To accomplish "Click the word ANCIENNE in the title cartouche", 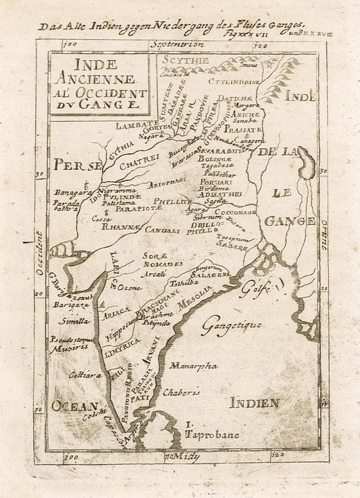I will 99,78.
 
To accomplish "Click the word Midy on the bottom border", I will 188,457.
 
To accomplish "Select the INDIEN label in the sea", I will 254,403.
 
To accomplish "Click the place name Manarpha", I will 193,366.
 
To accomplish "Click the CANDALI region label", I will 162,230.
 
